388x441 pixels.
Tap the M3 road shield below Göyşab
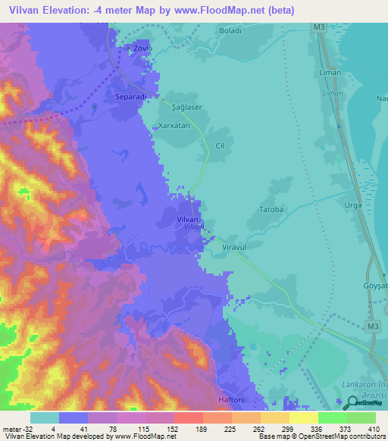[371, 327]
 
